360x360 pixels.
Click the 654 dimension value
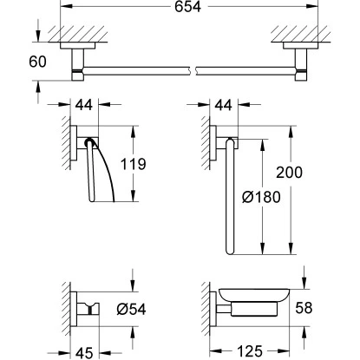click(187, 6)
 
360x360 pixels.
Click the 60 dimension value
click(37, 62)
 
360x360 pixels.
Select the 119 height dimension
click(133, 164)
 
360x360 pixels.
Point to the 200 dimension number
click(289, 172)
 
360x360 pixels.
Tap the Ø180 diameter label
click(261, 197)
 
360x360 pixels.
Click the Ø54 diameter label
click(131, 309)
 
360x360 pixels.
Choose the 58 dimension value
click(304, 308)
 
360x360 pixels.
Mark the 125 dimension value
click(250, 351)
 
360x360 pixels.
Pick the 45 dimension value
click(84, 353)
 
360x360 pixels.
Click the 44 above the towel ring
click(223, 105)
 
